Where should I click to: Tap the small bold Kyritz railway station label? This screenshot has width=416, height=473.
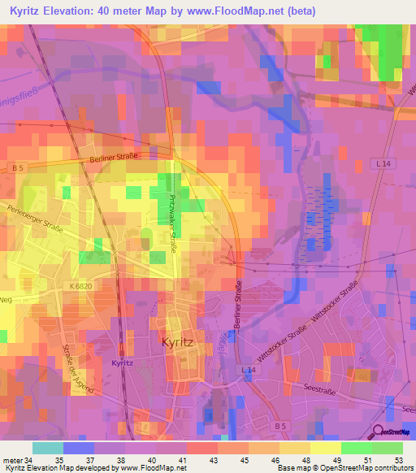pos(122,362)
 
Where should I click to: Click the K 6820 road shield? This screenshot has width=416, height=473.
pos(83,287)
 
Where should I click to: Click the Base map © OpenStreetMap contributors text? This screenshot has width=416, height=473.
pos(344,469)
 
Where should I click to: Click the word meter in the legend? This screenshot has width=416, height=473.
pos(12,460)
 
